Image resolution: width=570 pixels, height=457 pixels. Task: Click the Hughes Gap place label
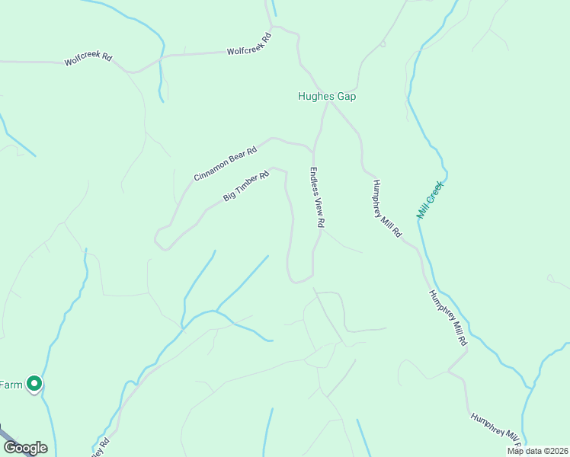click(326, 97)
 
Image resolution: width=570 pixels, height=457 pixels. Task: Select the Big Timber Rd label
click(247, 187)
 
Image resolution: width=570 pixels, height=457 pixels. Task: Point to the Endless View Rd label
click(318, 197)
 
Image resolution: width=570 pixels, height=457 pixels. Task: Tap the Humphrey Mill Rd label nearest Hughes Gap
click(386, 209)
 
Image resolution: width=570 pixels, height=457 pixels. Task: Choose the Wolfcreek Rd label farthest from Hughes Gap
click(88, 58)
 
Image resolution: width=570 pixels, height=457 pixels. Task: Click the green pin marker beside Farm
click(34, 384)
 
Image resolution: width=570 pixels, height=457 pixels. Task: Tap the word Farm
click(10, 385)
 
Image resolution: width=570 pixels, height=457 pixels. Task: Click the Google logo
click(24, 448)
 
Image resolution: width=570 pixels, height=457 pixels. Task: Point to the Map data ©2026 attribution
click(537, 451)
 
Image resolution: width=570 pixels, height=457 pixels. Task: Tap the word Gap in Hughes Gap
click(347, 97)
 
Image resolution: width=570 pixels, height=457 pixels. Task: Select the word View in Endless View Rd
click(319, 203)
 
